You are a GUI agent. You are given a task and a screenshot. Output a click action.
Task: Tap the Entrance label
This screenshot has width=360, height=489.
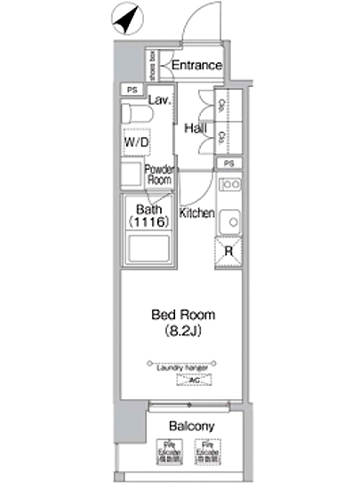point(196,66)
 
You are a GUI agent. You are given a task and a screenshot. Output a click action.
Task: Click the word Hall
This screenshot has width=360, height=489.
point(196,129)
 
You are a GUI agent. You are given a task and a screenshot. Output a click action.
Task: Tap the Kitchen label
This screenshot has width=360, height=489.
point(197,213)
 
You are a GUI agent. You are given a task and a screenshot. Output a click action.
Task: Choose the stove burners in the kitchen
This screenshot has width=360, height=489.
point(229,185)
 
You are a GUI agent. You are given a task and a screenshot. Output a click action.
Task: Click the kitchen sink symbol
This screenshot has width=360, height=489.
point(229,220)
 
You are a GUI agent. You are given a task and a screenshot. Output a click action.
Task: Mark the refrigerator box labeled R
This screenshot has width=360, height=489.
point(229,253)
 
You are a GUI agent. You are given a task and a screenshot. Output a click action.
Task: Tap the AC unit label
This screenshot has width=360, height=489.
point(189,380)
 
